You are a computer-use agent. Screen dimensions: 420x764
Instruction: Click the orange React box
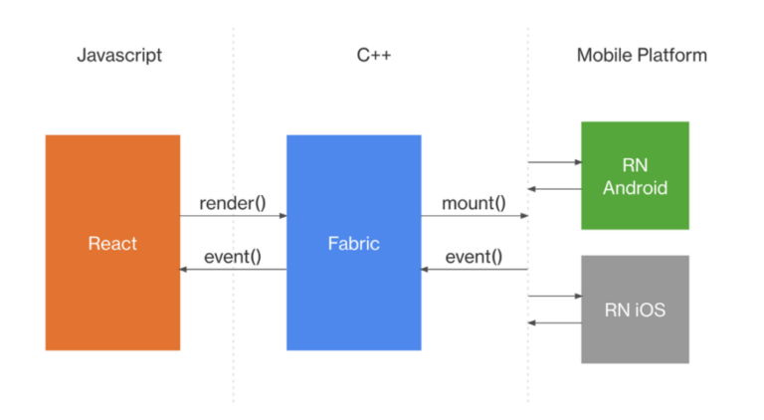[x=112, y=242]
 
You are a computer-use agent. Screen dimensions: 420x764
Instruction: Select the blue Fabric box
[x=353, y=242]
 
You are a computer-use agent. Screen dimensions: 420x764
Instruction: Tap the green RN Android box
[x=635, y=175]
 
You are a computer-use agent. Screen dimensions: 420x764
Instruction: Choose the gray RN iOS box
[x=635, y=310]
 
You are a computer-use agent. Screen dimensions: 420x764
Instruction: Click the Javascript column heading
[x=119, y=55]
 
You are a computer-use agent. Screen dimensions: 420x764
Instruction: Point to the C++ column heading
[x=374, y=55]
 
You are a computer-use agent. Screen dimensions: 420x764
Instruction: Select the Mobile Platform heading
[x=642, y=55]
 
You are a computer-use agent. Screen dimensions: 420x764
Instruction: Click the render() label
[x=233, y=203]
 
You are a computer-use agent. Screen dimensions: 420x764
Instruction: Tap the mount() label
[x=473, y=203]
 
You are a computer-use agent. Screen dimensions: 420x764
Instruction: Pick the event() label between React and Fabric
[x=233, y=257]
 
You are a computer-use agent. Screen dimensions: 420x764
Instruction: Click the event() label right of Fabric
[x=473, y=257]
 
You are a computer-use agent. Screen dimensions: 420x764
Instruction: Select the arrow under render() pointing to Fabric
[x=233, y=215]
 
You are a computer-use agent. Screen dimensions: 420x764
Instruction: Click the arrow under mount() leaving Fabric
[x=474, y=215]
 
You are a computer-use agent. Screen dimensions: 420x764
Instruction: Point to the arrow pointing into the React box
[x=233, y=269]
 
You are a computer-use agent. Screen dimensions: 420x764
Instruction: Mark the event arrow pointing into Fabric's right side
[x=474, y=269]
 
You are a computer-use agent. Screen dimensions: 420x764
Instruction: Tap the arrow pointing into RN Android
[x=554, y=161]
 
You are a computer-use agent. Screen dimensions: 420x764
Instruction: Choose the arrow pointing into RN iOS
[x=554, y=296]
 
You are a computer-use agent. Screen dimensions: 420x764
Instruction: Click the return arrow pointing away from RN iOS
[x=554, y=322]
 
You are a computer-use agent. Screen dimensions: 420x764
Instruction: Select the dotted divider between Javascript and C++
[x=234, y=119]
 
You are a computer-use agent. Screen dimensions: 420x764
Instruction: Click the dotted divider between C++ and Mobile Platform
[x=527, y=119]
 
